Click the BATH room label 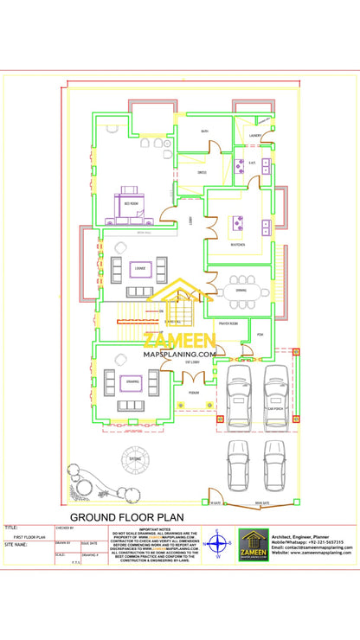click(205, 131)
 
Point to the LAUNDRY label click(255, 136)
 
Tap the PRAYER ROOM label click(229, 323)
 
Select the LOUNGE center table click(138, 271)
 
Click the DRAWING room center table click(132, 382)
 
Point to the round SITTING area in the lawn click(134, 458)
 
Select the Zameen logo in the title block click(254, 545)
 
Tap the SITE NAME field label click(16, 546)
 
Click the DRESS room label click(202, 173)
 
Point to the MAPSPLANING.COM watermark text click(180, 354)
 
